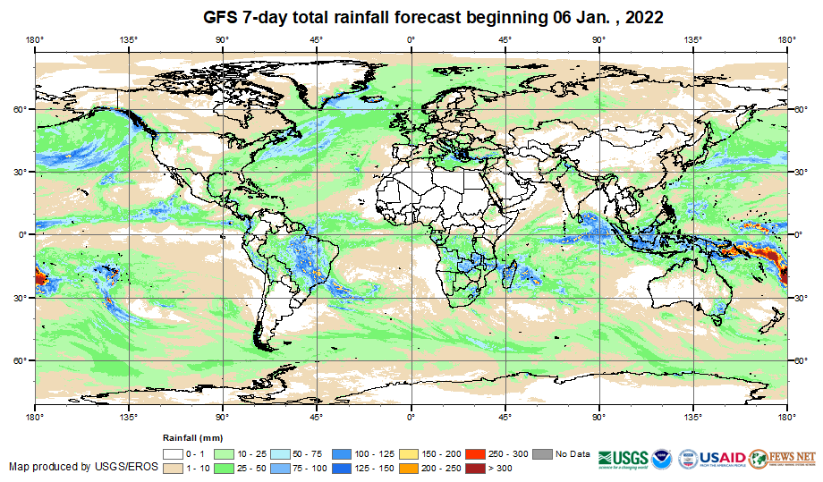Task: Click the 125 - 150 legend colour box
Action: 343,467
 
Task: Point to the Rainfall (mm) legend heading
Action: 191,439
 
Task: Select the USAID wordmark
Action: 720,456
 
